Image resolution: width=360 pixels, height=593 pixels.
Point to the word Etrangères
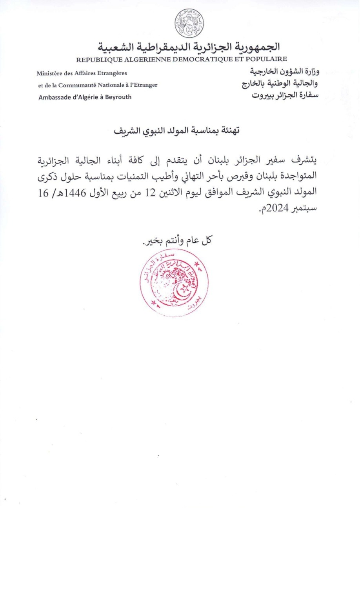(111, 73)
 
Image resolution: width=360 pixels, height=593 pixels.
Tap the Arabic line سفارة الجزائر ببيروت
(285, 95)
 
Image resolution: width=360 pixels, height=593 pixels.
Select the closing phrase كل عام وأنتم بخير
(176, 240)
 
